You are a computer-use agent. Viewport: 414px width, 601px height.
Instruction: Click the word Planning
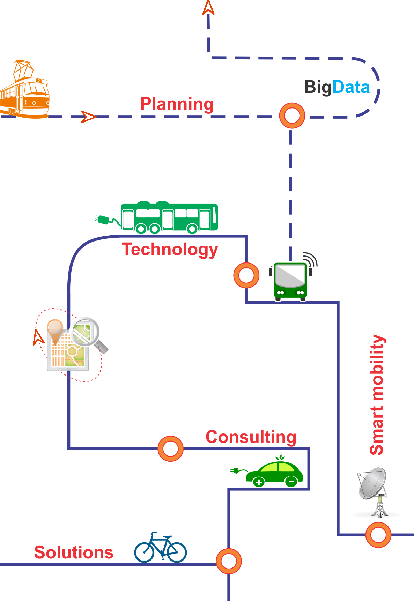[177, 104]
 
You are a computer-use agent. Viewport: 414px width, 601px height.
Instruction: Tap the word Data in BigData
[351, 87]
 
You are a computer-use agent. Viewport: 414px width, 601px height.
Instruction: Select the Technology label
[170, 250]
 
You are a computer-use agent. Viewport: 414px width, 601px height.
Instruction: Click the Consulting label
[251, 437]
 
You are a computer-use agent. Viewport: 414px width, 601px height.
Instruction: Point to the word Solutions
[74, 552]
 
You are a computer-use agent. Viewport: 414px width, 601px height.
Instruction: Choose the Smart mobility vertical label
[377, 395]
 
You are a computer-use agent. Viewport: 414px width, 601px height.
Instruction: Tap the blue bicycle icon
[161, 548]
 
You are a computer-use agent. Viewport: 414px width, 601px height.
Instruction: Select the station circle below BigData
[292, 116]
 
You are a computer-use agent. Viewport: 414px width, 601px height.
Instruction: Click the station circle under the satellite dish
[378, 535]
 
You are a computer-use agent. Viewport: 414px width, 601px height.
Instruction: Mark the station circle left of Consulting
[170, 448]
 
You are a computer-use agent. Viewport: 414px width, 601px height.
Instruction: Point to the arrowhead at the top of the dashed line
[208, 8]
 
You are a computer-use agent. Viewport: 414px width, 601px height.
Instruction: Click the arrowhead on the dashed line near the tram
[88, 117]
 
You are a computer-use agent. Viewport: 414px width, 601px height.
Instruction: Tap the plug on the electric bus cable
[102, 220]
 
